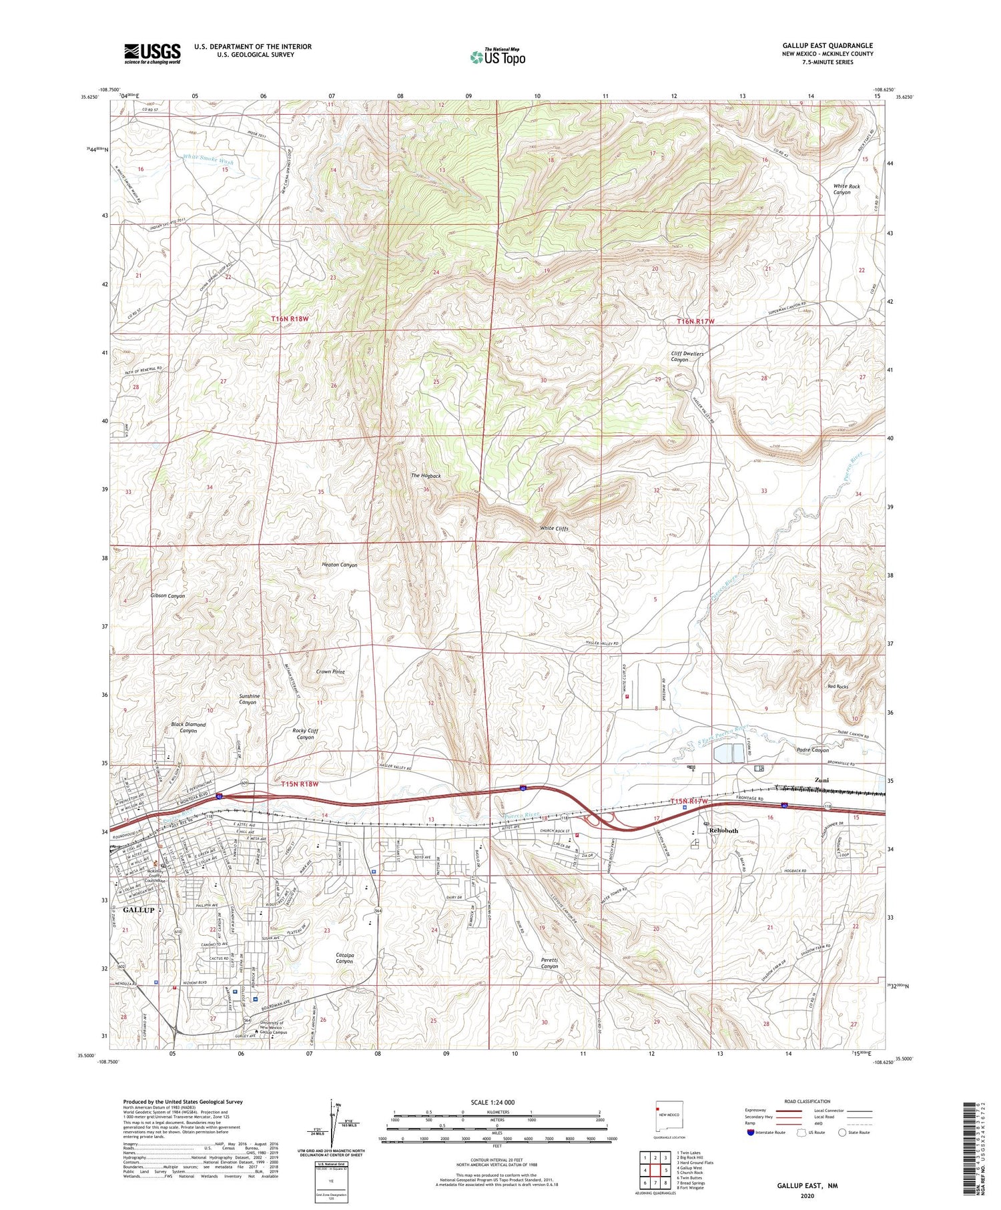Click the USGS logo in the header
[x=152, y=53]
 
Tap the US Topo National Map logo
[x=497, y=57]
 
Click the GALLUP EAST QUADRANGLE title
[x=827, y=45]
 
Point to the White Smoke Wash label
[x=208, y=160]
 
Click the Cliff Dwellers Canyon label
[x=687, y=356]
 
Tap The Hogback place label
[x=425, y=476]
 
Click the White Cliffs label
[x=554, y=529]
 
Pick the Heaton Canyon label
[x=339, y=565]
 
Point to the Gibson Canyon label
[x=168, y=595]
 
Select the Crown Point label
[x=330, y=671]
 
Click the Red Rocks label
[x=838, y=686]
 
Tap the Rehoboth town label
[x=723, y=830]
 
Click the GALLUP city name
[x=138, y=910]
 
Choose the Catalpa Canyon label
[x=344, y=958]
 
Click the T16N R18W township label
[x=290, y=319]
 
